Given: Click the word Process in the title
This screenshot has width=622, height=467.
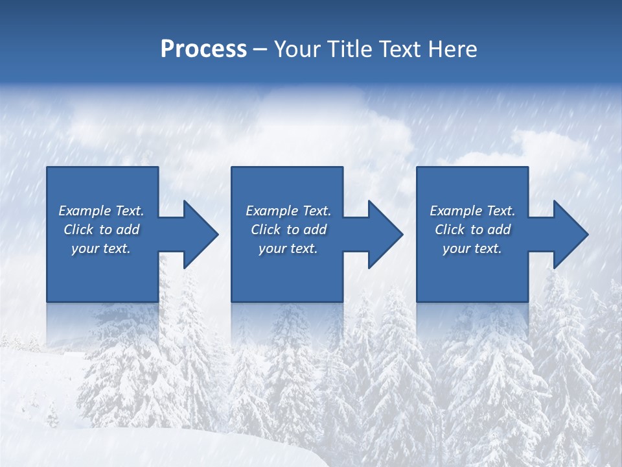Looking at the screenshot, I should pos(203,49).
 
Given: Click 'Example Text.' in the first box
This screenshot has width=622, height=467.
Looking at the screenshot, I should pos(101,211).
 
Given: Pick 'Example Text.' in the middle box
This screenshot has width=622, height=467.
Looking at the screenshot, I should pos(288,211).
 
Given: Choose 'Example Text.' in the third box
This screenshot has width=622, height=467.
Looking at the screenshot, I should pos(472,211).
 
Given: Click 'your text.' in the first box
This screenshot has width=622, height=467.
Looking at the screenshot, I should pos(101,248).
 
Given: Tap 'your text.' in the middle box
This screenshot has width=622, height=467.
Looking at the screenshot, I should pos(288,248).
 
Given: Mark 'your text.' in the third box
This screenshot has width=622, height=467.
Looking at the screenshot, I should pos(472,248).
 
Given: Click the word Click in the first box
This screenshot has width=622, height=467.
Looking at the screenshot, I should pos(78,230).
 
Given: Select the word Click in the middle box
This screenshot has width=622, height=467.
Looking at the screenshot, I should pos(266,230).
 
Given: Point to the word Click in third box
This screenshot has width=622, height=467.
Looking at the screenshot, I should pos(450,230).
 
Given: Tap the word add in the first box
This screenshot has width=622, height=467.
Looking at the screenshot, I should pos(128,230).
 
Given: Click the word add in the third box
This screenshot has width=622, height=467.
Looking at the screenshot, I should pos(499,230).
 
